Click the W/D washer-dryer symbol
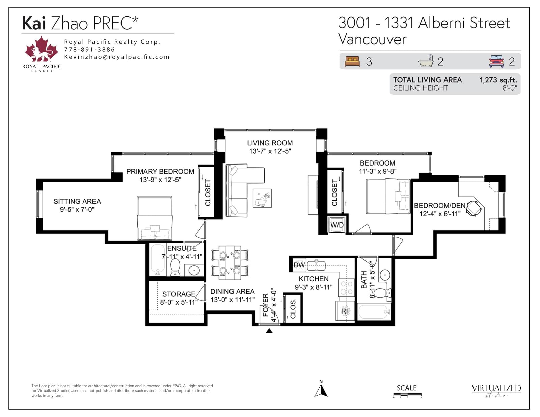coord(337,225)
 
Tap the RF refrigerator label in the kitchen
coord(345,311)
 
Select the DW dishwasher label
coord(299,265)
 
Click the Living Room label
coord(270,143)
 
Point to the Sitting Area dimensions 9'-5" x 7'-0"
coord(77,209)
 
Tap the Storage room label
coord(179,294)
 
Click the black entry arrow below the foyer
coord(269,331)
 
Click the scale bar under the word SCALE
coord(407,395)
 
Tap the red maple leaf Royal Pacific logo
coord(42,49)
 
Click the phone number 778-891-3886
coord(89,50)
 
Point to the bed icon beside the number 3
coord(352,62)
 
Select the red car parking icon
coord(496,62)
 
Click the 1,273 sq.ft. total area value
coord(498,80)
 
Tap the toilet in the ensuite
coord(175,267)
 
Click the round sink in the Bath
coord(385,275)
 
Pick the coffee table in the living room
coord(262,198)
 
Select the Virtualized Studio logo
coord(496,391)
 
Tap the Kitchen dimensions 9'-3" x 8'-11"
coord(314,287)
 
